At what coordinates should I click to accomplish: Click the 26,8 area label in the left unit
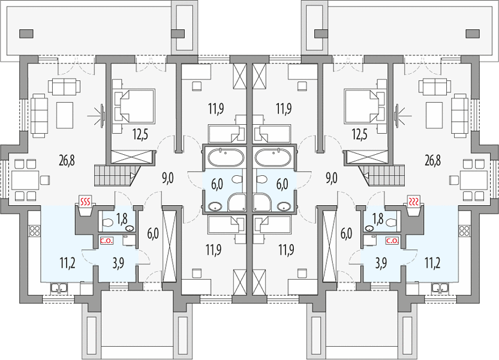point(67,160)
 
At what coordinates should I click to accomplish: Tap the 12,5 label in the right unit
point(360,134)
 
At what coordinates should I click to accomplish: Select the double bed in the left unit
point(134,106)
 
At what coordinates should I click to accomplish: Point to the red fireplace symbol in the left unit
point(85,201)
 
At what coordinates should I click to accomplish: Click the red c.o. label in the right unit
point(392,241)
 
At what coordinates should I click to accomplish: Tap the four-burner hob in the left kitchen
point(34,230)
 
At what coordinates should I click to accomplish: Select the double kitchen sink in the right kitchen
point(440,288)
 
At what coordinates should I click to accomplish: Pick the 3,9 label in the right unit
point(381,264)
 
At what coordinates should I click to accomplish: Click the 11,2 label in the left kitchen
point(67,264)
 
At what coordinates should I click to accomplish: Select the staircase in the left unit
point(118,175)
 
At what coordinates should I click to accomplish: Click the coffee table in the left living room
point(65,115)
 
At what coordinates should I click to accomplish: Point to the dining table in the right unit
point(474,181)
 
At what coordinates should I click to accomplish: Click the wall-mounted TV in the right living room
point(396,113)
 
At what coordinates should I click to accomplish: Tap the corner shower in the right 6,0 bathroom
point(263,202)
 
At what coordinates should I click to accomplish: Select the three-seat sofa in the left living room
point(39,116)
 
